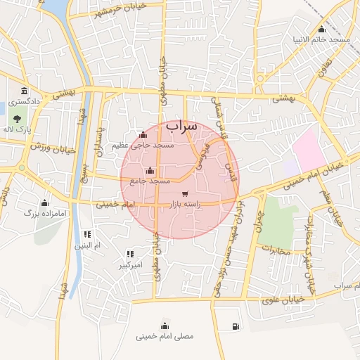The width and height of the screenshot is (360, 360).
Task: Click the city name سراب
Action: (x=182, y=126)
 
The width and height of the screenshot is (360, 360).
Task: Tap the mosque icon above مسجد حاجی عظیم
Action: (x=143, y=135)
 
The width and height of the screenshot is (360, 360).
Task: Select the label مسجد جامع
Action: (x=149, y=181)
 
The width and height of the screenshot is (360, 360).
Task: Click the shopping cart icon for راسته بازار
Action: (x=185, y=193)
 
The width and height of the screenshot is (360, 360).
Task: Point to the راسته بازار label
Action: (x=184, y=205)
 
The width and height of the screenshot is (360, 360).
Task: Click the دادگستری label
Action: (x=25, y=102)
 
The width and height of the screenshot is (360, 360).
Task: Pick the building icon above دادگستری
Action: (x=25, y=91)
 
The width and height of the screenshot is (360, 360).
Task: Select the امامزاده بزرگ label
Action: (x=44, y=212)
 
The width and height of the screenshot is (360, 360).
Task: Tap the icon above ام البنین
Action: (x=87, y=234)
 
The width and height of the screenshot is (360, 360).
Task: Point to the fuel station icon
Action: (x=234, y=326)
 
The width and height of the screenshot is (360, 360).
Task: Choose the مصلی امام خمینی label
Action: (x=165, y=337)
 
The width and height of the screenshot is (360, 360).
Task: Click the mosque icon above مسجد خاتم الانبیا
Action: (x=321, y=29)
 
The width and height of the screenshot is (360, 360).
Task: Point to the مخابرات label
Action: (x=276, y=250)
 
